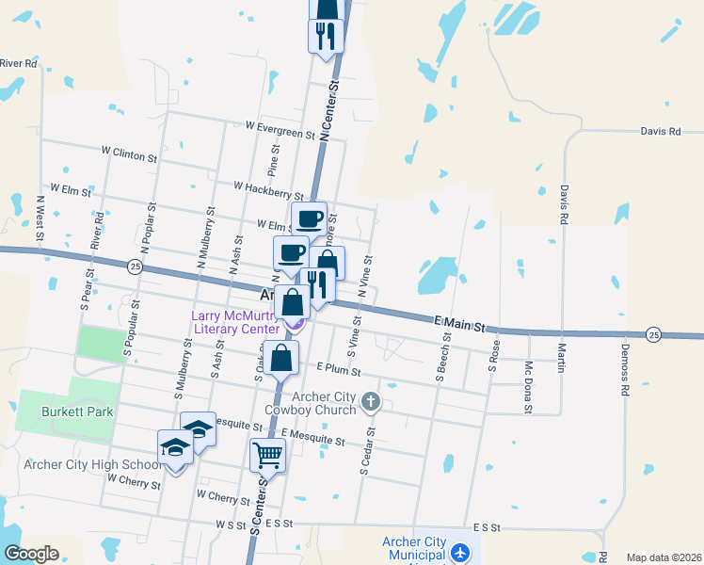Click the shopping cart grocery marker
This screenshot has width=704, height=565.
[x=267, y=456]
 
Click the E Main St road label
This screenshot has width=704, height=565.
[x=464, y=325]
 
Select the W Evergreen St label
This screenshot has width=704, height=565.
[x=280, y=129]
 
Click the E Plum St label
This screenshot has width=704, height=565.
[x=339, y=368]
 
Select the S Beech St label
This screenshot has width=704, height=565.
[x=440, y=355]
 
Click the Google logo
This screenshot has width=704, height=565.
[x=31, y=554]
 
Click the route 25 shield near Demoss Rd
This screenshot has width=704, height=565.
[x=653, y=334]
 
